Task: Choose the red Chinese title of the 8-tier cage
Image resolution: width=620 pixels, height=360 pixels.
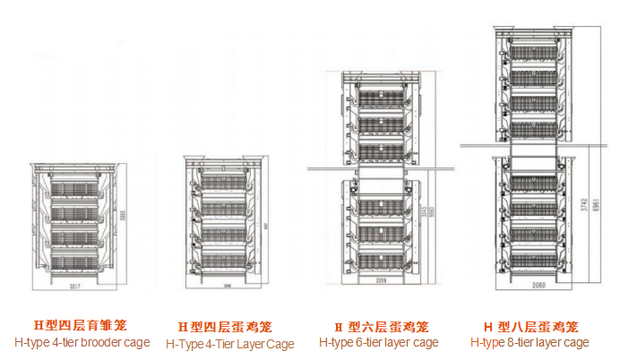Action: point(531,326)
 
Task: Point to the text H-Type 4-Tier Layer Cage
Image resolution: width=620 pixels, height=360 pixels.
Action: point(229,344)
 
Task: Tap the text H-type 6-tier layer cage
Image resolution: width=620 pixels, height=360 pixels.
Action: point(379,342)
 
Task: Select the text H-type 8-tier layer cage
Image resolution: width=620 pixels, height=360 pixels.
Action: point(530,342)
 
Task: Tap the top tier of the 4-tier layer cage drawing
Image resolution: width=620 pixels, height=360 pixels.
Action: point(227,184)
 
